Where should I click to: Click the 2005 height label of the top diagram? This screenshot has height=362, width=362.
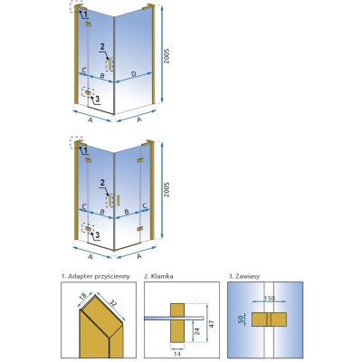[167, 56]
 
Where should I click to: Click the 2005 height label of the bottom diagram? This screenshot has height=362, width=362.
[167, 189]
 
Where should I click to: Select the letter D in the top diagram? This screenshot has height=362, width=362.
[134, 74]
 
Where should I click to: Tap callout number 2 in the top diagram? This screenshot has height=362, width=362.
[102, 47]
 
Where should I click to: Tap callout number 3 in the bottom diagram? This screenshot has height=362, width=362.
[97, 234]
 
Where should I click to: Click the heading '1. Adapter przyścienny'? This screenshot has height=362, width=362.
[96, 276]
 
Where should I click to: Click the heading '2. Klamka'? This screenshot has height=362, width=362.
[158, 276]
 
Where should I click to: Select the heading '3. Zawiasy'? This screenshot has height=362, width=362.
[244, 276]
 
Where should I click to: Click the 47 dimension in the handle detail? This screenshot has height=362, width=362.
[212, 324]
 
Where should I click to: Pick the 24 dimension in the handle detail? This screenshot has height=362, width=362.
[196, 331]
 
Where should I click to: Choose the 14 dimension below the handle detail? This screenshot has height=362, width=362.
[177, 354]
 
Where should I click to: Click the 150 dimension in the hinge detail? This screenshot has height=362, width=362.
[269, 299]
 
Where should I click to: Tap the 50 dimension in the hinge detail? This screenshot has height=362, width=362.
[241, 319]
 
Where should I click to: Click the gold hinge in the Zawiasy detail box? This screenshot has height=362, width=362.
[269, 319]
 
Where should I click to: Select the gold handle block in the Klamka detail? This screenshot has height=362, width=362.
[177, 323]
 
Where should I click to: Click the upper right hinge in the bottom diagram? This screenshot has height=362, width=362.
[140, 160]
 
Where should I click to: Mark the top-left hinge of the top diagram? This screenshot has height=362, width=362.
[88, 24]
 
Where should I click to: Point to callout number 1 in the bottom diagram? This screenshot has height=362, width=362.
[85, 149]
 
